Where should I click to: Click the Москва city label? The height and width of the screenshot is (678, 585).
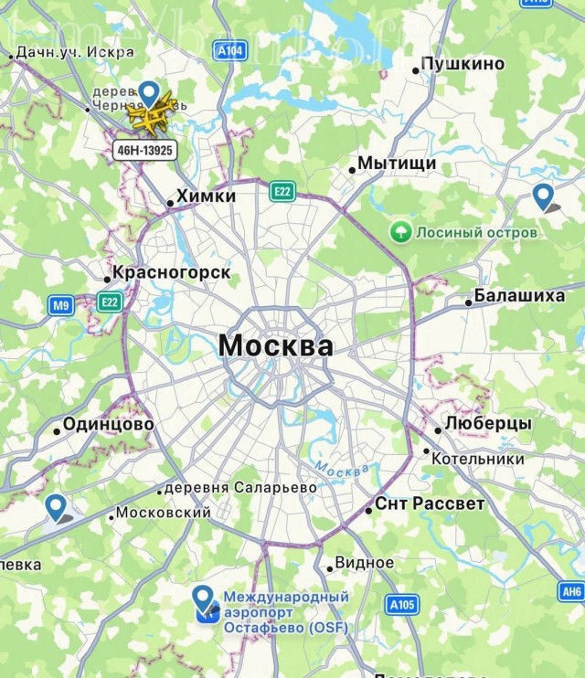pos(275,347)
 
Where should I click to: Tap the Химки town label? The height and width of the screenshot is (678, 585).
pos(205,196)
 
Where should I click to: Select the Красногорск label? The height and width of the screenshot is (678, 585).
pos(171,273)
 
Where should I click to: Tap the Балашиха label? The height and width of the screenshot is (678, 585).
pos(507,297)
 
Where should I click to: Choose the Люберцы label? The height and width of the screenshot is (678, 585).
pos(487,425)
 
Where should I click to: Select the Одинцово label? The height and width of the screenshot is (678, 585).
pos(108,425)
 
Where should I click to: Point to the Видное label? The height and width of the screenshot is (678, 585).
pos(364,563)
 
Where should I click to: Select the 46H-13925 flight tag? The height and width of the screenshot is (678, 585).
pos(144,149)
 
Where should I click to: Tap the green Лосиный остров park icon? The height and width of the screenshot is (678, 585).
pos(399,232)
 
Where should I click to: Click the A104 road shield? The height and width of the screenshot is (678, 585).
pos(230,51)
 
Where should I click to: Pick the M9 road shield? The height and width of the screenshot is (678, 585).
pos(61,306)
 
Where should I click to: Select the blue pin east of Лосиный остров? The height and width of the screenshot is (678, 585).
pos(544,195)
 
